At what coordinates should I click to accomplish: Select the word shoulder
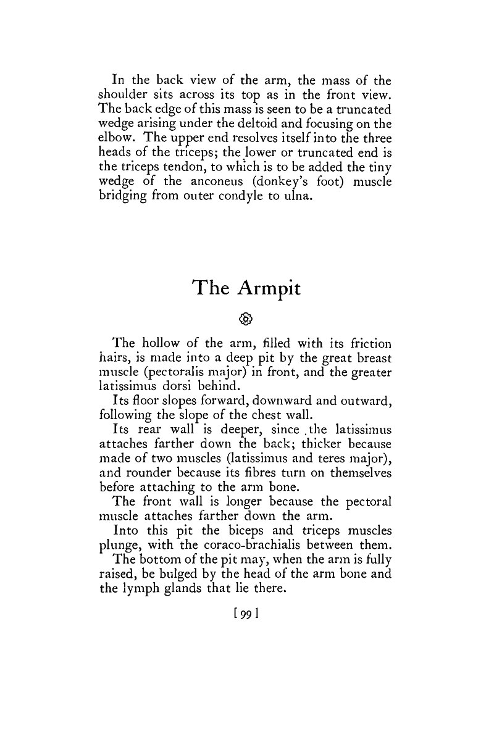coord(122,94)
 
